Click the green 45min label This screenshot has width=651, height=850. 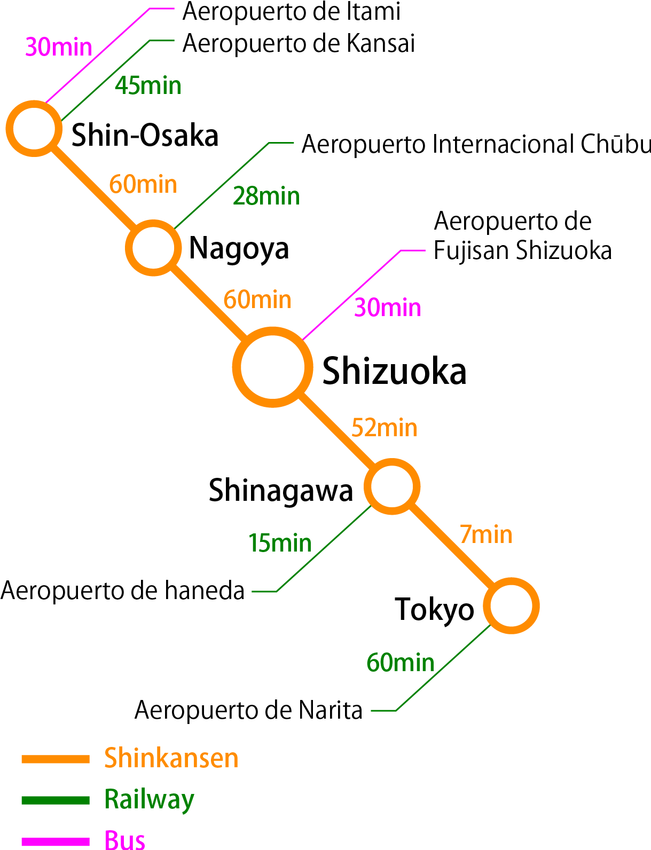[x=148, y=85]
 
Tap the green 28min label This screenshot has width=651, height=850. [x=266, y=196]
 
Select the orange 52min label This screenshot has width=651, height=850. [x=384, y=428]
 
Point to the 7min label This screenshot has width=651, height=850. [x=485, y=534]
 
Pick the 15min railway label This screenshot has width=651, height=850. [x=280, y=543]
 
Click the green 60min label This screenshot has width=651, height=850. [x=400, y=663]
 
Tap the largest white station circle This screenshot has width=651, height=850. [x=272, y=367]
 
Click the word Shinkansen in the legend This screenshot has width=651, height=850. [x=171, y=758]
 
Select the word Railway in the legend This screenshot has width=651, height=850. [x=149, y=799]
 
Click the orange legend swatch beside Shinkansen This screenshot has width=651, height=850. [x=55, y=759]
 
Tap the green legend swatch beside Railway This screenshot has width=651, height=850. [x=55, y=800]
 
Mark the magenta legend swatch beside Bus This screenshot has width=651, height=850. [x=55, y=841]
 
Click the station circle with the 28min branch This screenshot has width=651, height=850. [x=153, y=248]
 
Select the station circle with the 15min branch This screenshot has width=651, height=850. [x=392, y=486]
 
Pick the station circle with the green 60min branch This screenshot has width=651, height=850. [x=511, y=606]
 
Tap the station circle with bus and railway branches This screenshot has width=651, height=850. [x=34, y=129]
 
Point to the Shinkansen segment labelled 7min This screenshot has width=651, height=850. [x=452, y=547]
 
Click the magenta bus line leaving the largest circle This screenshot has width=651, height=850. [x=352, y=294]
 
